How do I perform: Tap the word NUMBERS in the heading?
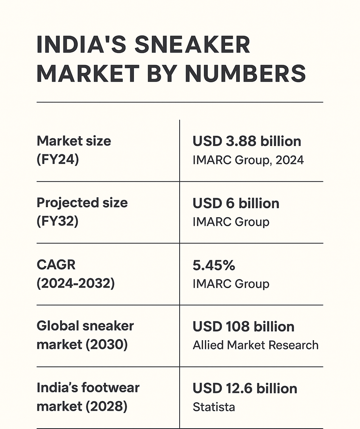click(245, 74)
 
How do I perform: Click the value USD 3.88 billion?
click(247, 141)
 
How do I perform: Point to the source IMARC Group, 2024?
click(248, 160)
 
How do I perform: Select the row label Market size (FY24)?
click(74, 150)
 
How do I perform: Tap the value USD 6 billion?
click(236, 203)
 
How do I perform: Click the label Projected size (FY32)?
click(82, 212)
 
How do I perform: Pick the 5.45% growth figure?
click(214, 266)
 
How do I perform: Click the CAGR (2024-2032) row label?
click(76, 274)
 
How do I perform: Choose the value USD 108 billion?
click(244, 327)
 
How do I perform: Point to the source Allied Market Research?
click(256, 345)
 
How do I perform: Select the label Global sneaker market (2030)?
click(85, 335)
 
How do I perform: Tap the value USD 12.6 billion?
click(245, 388)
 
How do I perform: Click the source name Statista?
click(214, 407)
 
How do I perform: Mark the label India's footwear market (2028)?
click(88, 397)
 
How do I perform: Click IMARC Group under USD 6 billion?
click(231, 222)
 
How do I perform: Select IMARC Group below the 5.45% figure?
click(231, 284)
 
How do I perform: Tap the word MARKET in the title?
click(88, 74)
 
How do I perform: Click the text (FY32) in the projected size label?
click(57, 221)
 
